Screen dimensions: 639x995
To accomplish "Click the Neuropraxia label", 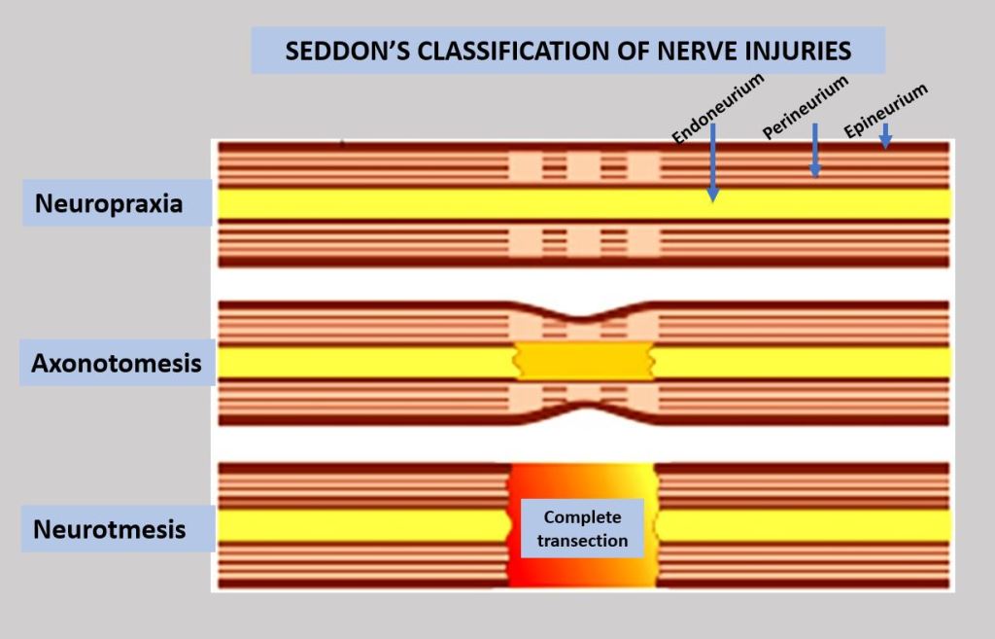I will click(x=109, y=204).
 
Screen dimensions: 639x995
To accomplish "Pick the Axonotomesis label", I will click(x=117, y=364).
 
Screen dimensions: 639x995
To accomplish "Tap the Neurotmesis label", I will click(x=110, y=530).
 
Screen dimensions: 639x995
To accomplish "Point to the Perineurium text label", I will click(x=806, y=106).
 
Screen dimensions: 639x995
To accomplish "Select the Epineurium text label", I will click(x=885, y=110).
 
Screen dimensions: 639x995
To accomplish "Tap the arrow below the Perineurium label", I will click(x=815, y=151).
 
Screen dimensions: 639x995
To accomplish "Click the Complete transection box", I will click(x=582, y=528).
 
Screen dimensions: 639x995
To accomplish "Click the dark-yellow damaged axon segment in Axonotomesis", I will click(x=583, y=362).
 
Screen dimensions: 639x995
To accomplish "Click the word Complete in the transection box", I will click(x=582, y=517).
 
